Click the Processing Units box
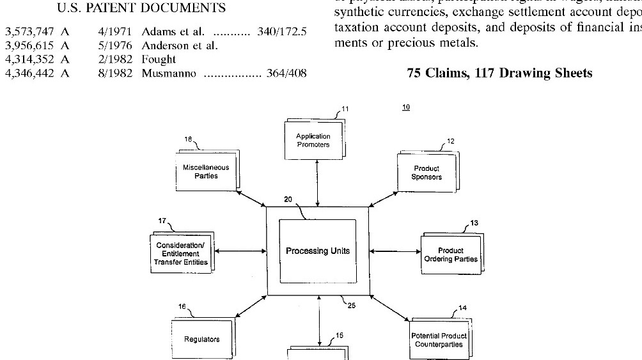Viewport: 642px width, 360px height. pos(317,251)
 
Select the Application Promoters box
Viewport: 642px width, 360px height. pos(313,140)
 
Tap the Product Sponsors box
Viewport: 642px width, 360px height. pos(427,173)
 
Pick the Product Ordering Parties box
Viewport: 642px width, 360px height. pos(450,254)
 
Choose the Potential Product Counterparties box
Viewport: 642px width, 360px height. pos(439,340)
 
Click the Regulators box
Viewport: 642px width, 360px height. pos(201,339)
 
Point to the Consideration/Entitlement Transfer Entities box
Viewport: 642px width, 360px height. pos(181,254)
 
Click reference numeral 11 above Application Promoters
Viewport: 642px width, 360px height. pos(345,109)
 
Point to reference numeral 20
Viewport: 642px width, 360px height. pos(288,199)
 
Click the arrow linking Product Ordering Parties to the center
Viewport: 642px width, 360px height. pos(395,251)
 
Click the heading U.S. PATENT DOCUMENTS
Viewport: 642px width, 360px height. pos(141,8)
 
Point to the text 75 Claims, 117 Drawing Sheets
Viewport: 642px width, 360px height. pos(499,74)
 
